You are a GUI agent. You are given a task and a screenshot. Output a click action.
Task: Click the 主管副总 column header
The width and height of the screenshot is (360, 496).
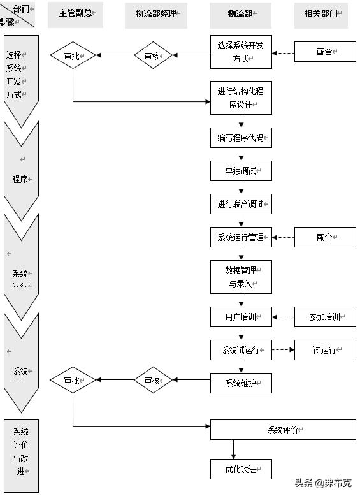pos(75,14)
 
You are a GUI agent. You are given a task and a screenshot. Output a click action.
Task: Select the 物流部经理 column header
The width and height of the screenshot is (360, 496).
pos(157,14)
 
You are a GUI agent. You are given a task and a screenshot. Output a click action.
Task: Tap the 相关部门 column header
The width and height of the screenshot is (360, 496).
pos(320,14)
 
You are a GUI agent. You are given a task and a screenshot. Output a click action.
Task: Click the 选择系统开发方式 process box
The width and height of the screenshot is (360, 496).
pos(241,52)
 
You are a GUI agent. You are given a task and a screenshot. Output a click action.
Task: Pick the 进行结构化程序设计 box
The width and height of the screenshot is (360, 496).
pos(241,98)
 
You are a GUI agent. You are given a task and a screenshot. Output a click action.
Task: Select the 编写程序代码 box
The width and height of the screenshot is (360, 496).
pos(241,138)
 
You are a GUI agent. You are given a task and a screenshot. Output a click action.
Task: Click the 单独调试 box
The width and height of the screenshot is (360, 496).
pos(241,171)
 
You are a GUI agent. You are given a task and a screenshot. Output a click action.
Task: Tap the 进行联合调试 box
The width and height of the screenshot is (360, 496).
pos(241,204)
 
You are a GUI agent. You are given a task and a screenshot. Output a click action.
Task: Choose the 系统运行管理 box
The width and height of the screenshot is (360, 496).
pos(241,237)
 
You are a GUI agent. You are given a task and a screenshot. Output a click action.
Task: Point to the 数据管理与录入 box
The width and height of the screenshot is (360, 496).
pos(241,277)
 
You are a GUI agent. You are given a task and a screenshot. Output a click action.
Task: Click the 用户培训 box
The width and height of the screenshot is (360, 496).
pos(241,317)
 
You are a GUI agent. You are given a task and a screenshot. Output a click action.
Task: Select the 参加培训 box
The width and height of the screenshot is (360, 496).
pos(324,317)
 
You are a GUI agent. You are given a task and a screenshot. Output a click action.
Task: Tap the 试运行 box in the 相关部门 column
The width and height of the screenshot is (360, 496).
pos(324,350)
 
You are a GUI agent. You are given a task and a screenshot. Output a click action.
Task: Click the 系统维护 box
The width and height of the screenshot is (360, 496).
pos(241,383)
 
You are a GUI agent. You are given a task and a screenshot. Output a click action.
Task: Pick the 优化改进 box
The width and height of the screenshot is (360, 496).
pos(241,469)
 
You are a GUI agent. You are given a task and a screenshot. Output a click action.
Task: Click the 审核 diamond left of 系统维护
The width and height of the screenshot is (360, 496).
pos(154,381)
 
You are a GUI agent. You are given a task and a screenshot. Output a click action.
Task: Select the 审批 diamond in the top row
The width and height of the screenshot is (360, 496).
pos(73,55)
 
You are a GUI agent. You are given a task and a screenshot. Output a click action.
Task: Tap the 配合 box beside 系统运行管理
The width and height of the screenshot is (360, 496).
pos(324,237)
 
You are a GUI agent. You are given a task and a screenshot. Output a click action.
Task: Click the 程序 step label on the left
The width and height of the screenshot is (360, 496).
pos(21,179)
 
